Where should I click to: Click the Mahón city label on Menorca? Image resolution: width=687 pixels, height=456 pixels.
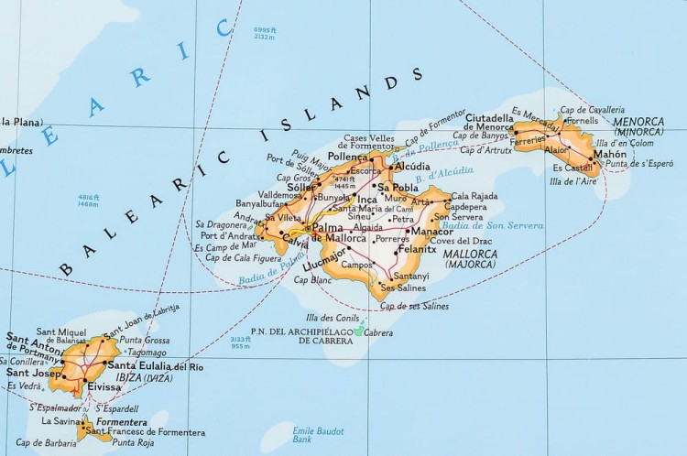(610, 154)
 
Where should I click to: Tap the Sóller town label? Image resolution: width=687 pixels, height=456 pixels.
(300, 185)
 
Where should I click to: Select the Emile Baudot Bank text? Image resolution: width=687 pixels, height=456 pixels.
(316, 433)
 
